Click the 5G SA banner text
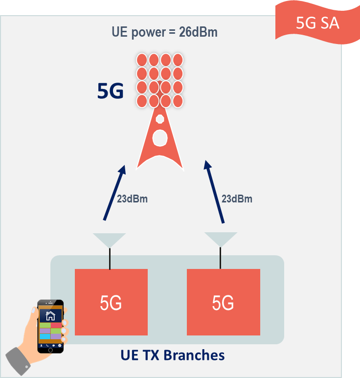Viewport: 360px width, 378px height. coord(317,23)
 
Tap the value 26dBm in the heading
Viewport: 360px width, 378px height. coord(198,32)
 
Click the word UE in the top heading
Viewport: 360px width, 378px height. coord(120,32)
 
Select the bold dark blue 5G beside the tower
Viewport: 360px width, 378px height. coord(111,91)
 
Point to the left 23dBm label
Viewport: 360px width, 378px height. coord(132,199)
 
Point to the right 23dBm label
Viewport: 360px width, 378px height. coord(237,199)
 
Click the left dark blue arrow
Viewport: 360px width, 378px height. coord(114,193)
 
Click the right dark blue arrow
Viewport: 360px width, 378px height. coord(214,192)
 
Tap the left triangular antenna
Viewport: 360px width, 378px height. coord(109,240)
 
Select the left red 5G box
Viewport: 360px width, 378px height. coord(111,302)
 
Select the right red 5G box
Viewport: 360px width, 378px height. coord(224,302)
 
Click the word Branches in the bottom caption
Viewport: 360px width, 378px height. coord(194,355)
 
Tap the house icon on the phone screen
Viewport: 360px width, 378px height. coord(50,316)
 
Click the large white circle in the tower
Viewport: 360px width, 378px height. coord(160,138)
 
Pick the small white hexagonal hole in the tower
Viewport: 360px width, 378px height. coord(160,119)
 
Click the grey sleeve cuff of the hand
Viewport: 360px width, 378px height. coord(18,361)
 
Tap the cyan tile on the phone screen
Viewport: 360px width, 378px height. coord(45,336)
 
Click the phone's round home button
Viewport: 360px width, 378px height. coord(50,350)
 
